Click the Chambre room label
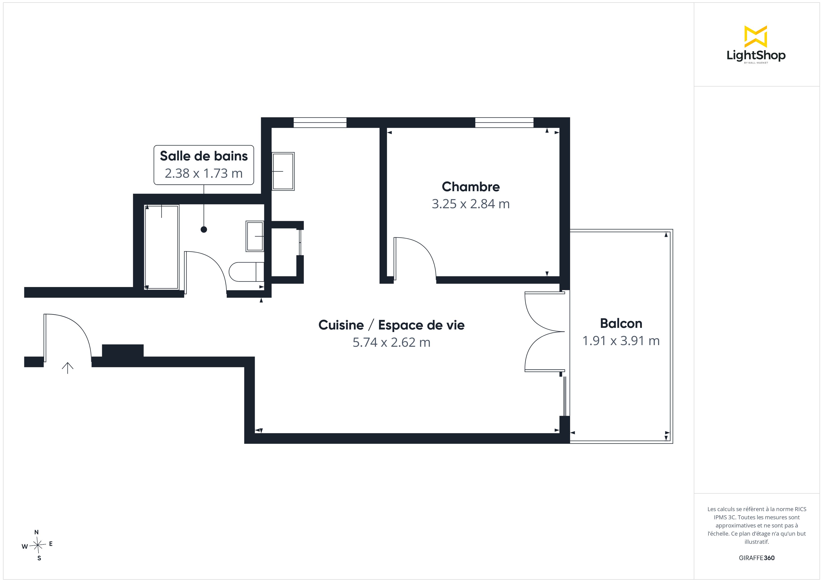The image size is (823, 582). (x=471, y=187)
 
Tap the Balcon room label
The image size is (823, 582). (x=621, y=324)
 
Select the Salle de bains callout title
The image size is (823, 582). (x=204, y=156)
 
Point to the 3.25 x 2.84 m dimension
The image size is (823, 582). (x=471, y=204)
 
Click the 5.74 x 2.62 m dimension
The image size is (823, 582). (x=391, y=343)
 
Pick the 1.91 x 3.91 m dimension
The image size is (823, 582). (x=621, y=341)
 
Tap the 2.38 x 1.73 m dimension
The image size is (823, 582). (x=204, y=173)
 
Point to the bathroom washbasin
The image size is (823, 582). (x=255, y=236)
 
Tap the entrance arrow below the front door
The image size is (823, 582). (x=67, y=368)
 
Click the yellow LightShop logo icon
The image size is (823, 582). (x=756, y=37)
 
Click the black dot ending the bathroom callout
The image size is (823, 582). (x=204, y=230)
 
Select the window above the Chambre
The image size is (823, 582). (x=504, y=123)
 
